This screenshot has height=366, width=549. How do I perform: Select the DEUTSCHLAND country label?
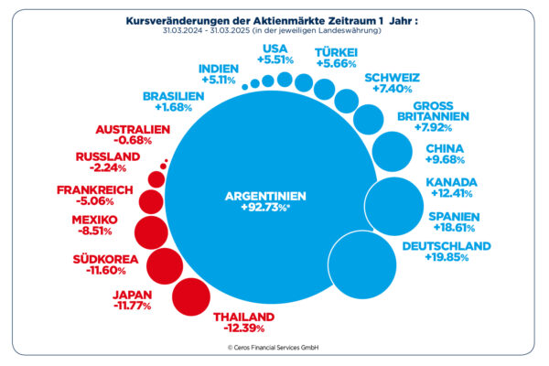pos(447,246)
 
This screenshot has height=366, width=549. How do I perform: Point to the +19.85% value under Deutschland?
pos(447,258)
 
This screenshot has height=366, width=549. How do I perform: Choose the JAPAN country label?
pos(133,295)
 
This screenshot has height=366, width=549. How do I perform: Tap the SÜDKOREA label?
pos(105,259)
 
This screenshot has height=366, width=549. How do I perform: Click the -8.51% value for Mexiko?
pos(95,233)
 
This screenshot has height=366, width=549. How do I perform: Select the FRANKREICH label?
pos(95,189)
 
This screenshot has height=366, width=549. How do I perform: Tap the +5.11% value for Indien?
pos(216,80)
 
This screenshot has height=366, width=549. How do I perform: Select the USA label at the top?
pos(274,48)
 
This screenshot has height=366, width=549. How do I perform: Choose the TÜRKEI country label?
pos(336,52)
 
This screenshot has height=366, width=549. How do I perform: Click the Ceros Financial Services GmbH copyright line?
pos(274,349)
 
